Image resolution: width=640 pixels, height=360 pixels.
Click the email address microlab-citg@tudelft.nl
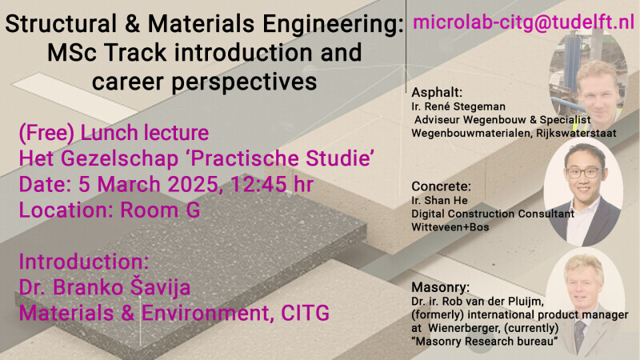pyautogui.click(x=524, y=23)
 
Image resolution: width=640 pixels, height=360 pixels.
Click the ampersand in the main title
pyautogui.click(x=132, y=24)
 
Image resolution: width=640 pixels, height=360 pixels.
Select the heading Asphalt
pyautogui.click(x=437, y=93)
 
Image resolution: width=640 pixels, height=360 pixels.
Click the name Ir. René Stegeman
pyautogui.click(x=458, y=106)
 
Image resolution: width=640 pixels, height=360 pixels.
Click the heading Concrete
pyautogui.click(x=442, y=186)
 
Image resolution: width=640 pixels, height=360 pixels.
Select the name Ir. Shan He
pyautogui.click(x=439, y=201)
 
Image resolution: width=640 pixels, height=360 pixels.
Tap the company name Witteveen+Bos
pyautogui.click(x=450, y=227)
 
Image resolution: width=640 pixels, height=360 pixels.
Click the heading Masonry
pyautogui.click(x=441, y=287)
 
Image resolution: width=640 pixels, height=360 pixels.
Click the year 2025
pyautogui.click(x=193, y=185)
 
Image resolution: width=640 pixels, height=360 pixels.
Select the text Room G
pyautogui.click(x=160, y=210)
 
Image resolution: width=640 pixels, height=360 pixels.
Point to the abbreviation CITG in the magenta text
pyautogui.click(x=305, y=313)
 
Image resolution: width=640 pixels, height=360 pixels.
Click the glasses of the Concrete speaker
pyautogui.click(x=584, y=173)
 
